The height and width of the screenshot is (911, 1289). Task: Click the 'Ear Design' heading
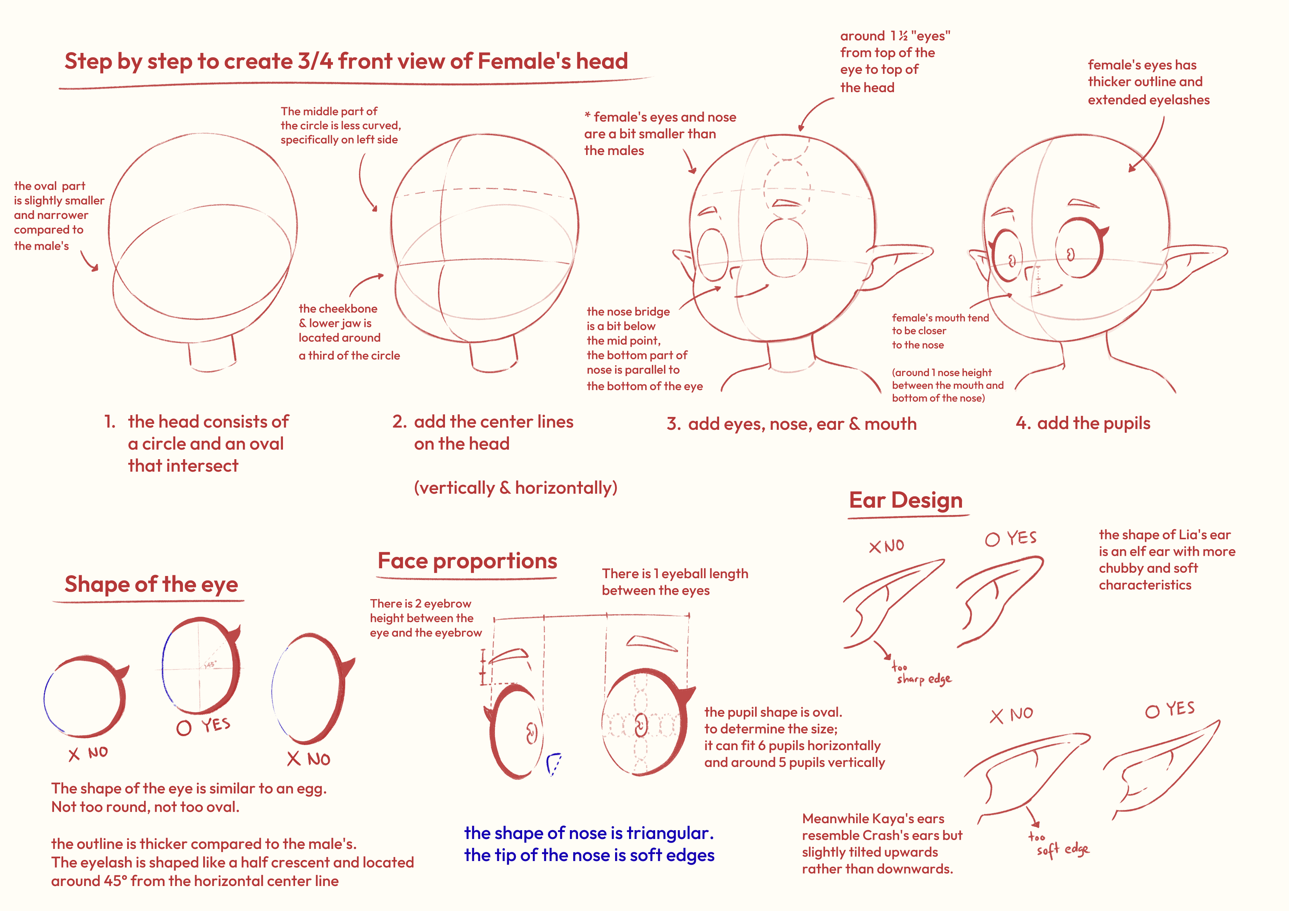tap(905, 500)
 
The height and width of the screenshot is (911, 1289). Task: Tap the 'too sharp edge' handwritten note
tap(921, 674)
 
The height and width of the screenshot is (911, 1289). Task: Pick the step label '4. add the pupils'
tap(1082, 423)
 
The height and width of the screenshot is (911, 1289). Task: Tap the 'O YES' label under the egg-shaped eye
tap(203, 726)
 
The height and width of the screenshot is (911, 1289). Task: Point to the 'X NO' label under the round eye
tap(88, 753)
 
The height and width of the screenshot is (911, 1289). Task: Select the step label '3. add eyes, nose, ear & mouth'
tap(791, 424)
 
